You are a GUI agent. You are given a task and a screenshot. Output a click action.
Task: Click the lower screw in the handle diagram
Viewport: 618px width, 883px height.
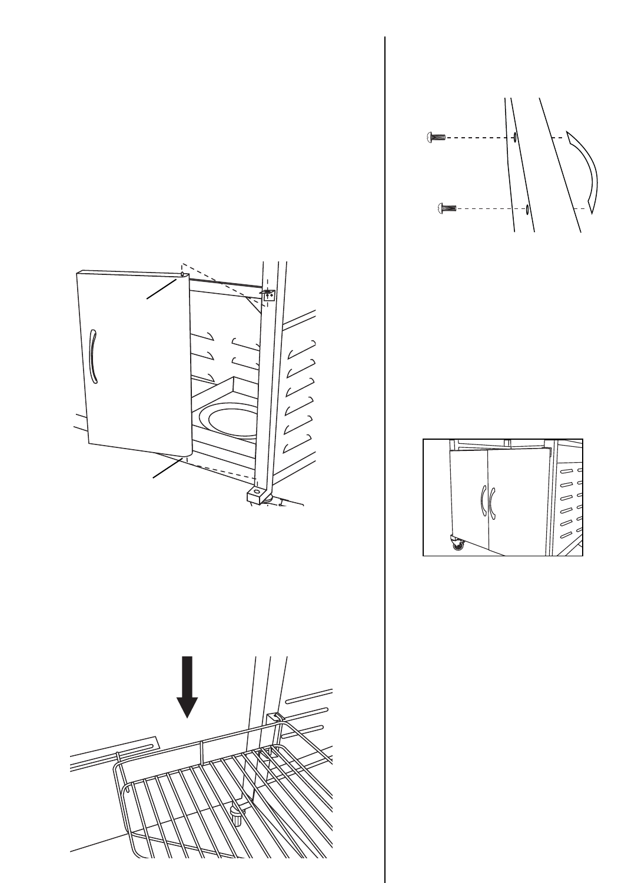[447, 208]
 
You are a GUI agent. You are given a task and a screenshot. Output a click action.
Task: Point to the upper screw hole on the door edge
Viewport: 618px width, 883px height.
[514, 137]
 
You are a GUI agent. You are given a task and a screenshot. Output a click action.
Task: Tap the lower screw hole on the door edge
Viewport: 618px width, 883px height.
[528, 208]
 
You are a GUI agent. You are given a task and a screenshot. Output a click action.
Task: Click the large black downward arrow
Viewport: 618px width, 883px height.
[187, 686]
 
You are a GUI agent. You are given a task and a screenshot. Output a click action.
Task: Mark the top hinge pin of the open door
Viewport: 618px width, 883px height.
[183, 274]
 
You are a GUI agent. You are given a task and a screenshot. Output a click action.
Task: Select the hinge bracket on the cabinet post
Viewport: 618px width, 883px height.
[268, 294]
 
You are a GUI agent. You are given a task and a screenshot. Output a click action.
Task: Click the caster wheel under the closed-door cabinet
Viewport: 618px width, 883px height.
[457, 544]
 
